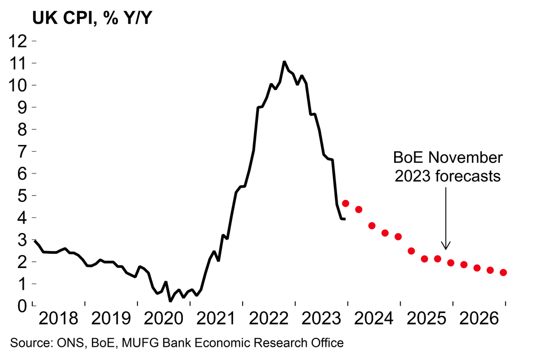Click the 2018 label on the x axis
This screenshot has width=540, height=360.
[59, 320]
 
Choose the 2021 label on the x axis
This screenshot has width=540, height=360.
[216, 320]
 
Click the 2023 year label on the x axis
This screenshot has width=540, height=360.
[321, 320]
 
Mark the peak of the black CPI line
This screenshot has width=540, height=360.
[284, 62]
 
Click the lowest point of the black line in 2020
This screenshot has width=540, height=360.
[170, 301]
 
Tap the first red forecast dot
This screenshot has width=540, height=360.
[346, 204]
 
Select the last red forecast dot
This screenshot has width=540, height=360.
[503, 273]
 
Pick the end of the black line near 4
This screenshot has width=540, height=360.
[345, 219]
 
